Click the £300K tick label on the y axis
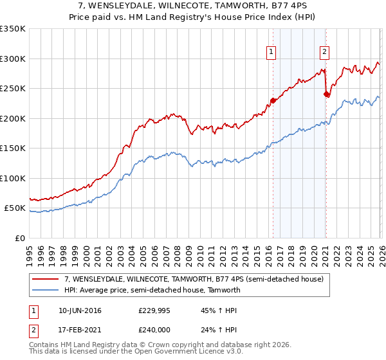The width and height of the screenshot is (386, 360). tap(13, 59)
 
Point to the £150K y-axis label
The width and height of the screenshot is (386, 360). tap(13, 148)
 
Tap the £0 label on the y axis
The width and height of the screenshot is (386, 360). tap(19, 238)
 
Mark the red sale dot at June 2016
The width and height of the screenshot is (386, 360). tap(272, 100)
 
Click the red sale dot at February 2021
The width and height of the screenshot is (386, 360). tap(326, 94)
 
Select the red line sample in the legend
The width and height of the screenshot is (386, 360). tap(46, 279)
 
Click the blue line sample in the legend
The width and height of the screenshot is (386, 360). tap(46, 290)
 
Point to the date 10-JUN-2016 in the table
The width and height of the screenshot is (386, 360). tap(79, 310)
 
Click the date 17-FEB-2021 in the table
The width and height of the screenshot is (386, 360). tap(79, 332)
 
